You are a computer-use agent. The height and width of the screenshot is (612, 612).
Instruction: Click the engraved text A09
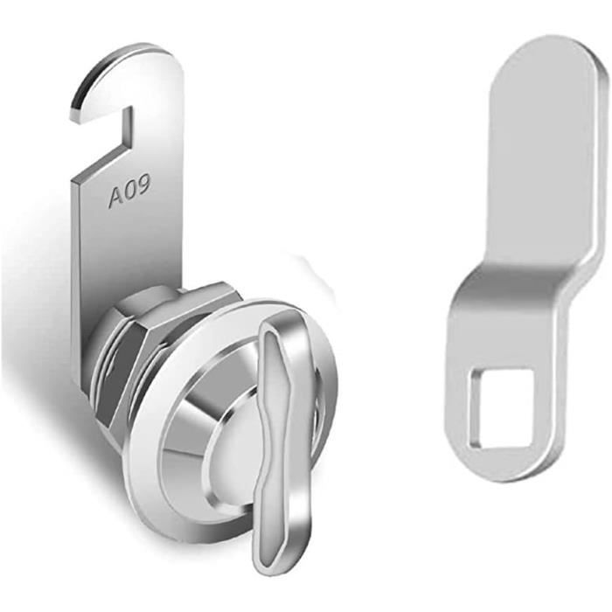(129, 192)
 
